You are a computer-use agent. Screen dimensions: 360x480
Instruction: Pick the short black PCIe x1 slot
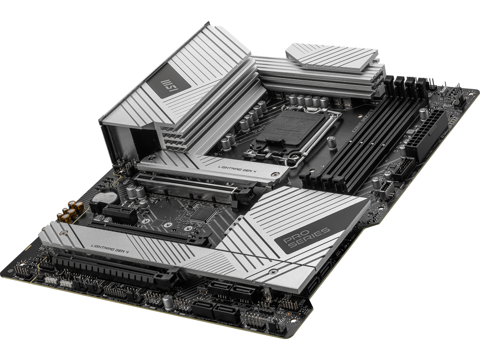pos(116,211)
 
